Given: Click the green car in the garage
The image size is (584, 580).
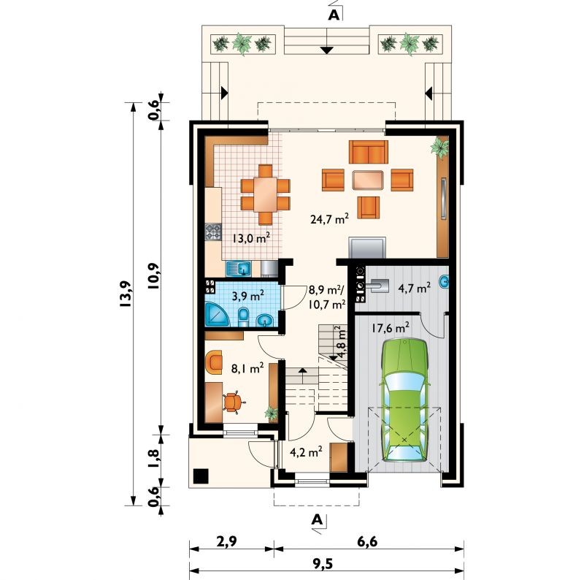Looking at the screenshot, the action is (404, 400).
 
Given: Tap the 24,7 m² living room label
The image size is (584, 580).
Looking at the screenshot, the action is (329, 219).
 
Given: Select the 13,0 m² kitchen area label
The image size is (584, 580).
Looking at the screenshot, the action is (250, 238).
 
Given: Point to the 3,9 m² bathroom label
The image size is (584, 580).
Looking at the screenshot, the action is (248, 296).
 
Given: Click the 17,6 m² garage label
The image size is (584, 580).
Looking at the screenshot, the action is (391, 328).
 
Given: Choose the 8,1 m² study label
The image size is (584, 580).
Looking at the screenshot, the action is (247, 368).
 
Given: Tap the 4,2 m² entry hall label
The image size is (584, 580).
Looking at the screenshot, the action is (306, 451).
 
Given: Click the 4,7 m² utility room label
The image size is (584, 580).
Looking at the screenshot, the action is (415, 288).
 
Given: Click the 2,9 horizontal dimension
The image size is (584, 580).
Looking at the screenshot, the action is (226, 541).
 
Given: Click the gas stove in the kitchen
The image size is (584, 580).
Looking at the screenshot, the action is (213, 231).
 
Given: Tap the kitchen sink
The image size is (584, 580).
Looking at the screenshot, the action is (239, 268).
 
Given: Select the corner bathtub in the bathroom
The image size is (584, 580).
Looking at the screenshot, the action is (217, 314).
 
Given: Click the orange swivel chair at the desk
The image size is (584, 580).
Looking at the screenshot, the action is (234, 402).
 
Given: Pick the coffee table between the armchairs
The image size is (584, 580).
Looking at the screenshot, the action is (368, 180).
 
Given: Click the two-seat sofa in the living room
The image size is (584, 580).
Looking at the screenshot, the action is (369, 152).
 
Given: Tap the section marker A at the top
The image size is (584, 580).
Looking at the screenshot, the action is (334, 15).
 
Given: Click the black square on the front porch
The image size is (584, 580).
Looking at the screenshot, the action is (201, 476).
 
